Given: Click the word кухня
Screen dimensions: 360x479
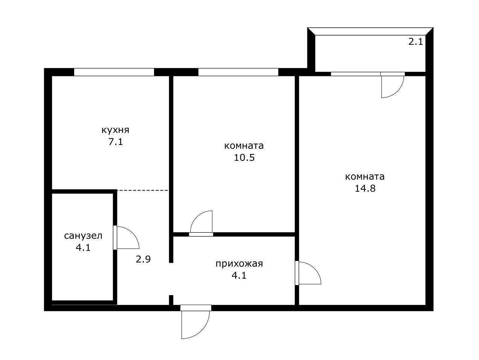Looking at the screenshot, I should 115,130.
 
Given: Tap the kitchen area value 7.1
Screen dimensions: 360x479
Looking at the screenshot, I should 115,142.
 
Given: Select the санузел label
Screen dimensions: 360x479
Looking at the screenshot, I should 83,236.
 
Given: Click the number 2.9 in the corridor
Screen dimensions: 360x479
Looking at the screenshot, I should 143,259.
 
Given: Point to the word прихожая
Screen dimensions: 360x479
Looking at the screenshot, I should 239,264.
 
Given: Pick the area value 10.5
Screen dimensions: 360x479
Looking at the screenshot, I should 244,157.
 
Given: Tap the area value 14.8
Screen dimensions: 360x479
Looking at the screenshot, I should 365,188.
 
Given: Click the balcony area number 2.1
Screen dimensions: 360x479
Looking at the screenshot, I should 416,41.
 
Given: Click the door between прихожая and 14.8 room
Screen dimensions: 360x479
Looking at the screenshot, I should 309,273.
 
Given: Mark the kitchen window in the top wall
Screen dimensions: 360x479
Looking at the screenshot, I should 114,72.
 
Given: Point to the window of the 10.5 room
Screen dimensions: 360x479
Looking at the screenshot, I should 238,72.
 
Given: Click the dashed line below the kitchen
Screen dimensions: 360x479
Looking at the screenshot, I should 142,191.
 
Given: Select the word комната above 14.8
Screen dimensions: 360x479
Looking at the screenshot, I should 365,177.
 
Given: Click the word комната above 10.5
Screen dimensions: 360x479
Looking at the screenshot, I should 244,146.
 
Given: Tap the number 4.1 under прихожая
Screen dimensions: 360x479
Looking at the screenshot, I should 239,275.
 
